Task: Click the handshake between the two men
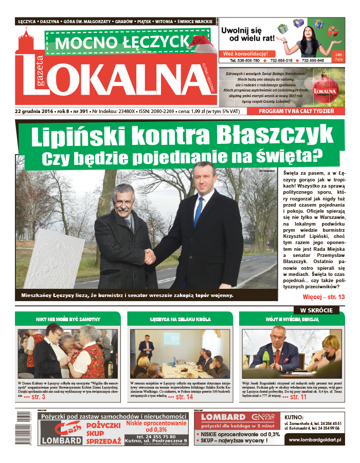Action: [x=150, y=255]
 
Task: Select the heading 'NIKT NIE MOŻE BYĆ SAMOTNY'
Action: [x=68, y=319]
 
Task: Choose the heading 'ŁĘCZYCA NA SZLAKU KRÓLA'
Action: [x=180, y=319]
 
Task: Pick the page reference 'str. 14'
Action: [x=184, y=397]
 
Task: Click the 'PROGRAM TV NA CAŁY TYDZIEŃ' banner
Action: [x=296, y=111]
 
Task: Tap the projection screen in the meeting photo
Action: [x=173, y=339]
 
